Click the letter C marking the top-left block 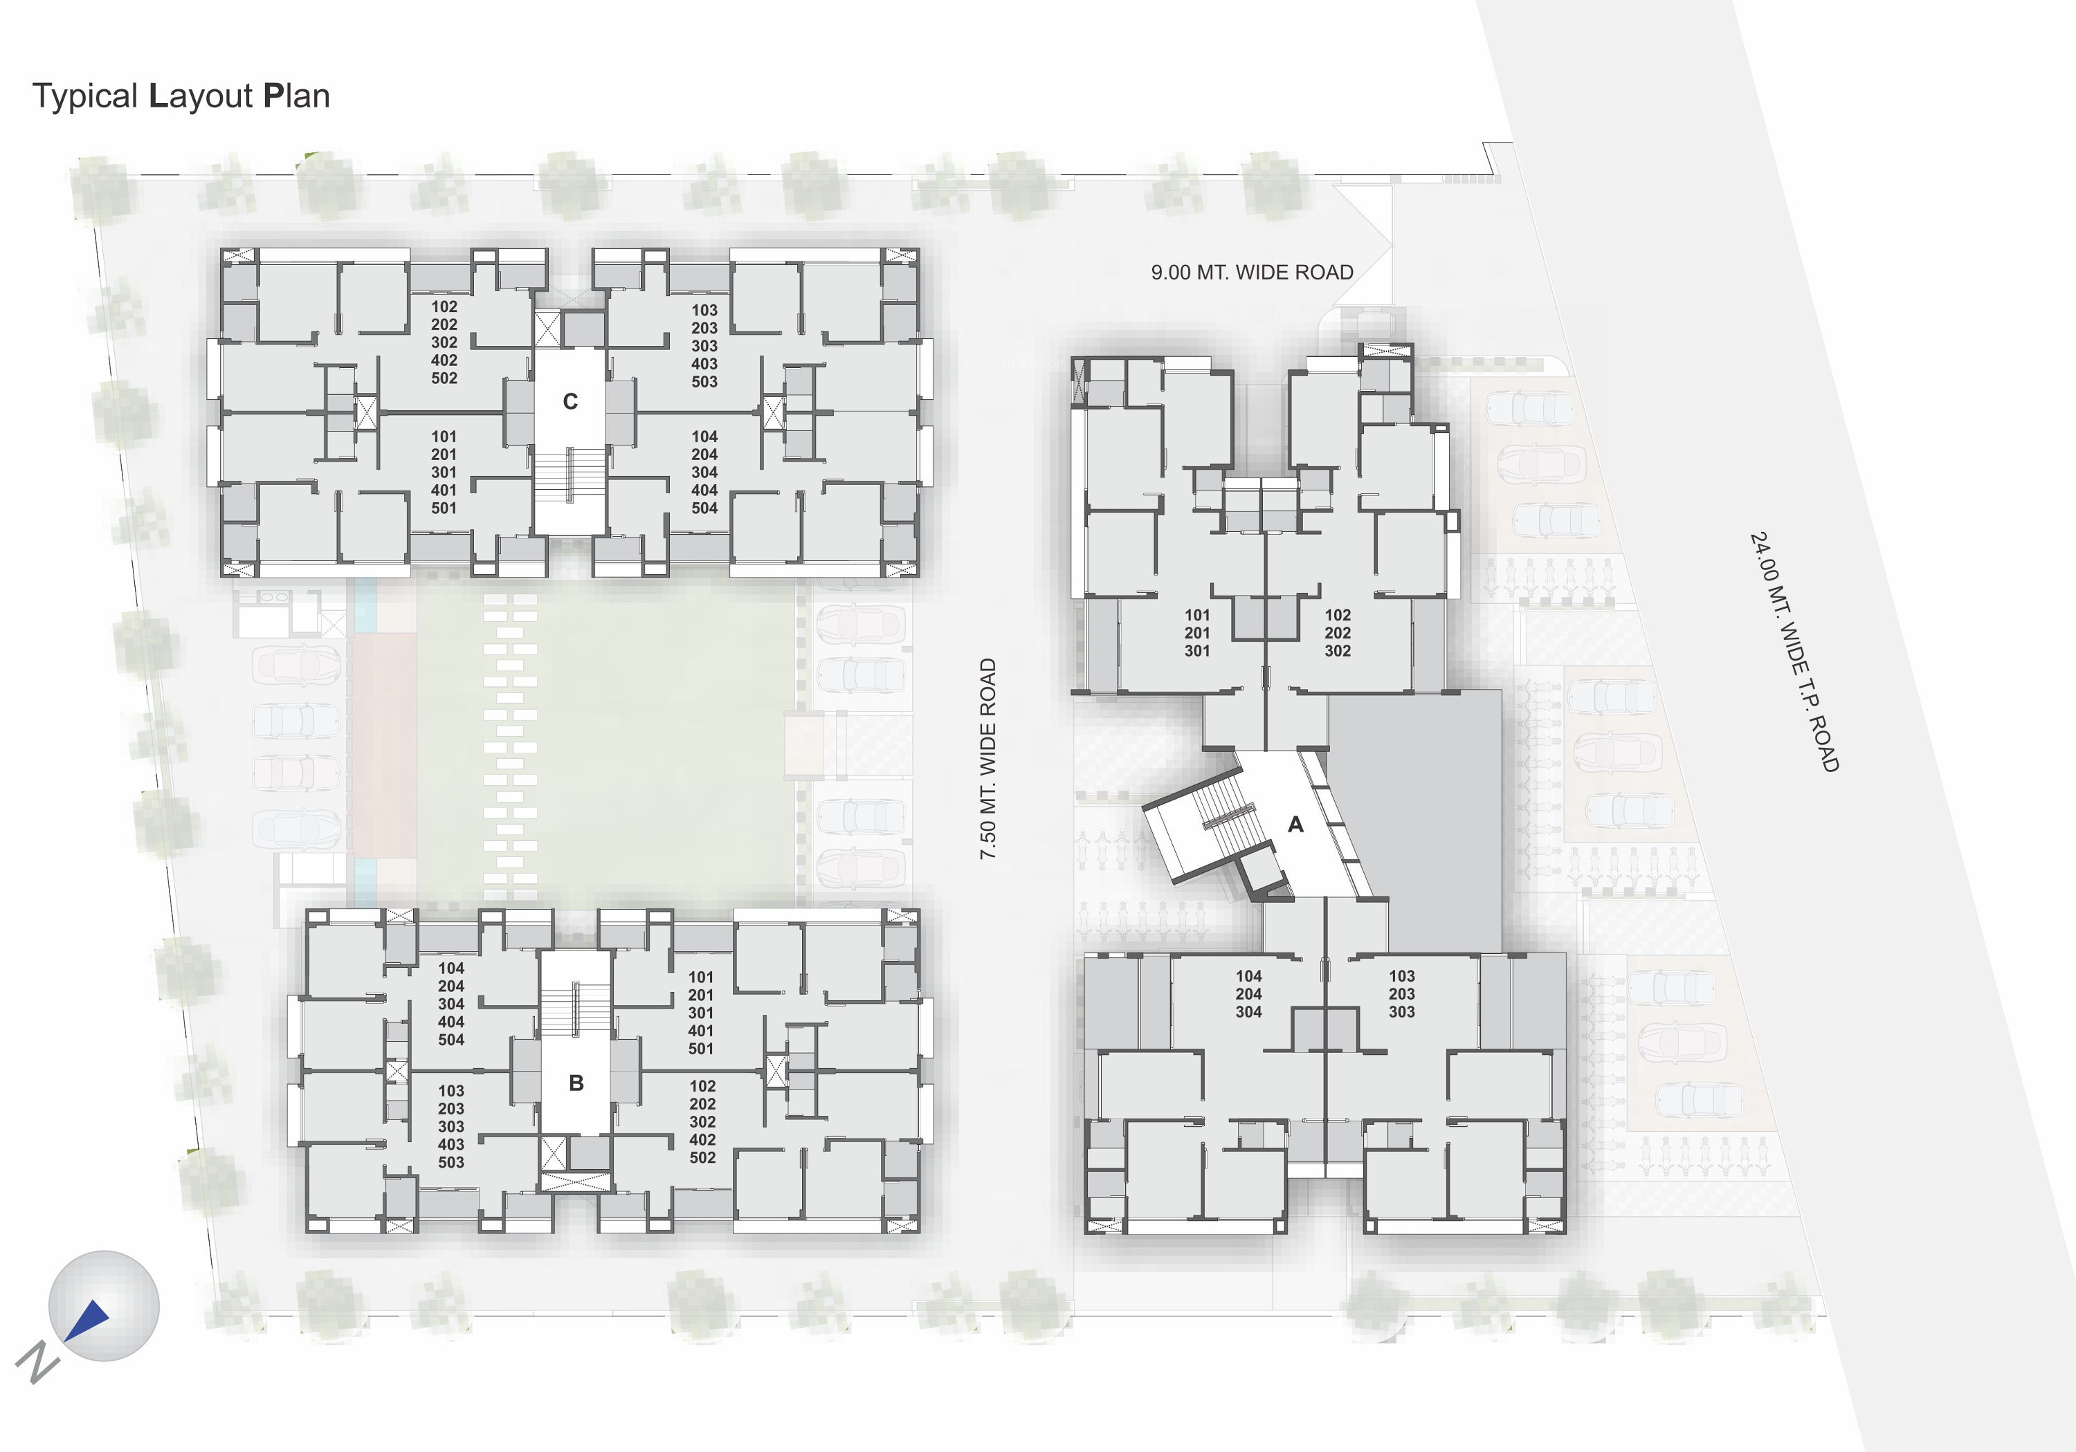570,401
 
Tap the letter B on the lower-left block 576,1083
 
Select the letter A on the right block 1295,825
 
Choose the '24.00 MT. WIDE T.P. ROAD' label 1794,651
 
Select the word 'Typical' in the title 85,97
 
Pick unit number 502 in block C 444,378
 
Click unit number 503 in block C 704,382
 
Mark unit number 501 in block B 701,1049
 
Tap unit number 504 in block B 451,1040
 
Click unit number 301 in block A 1197,651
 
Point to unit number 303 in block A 1401,1012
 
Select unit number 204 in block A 1248,993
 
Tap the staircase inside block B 575,1007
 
